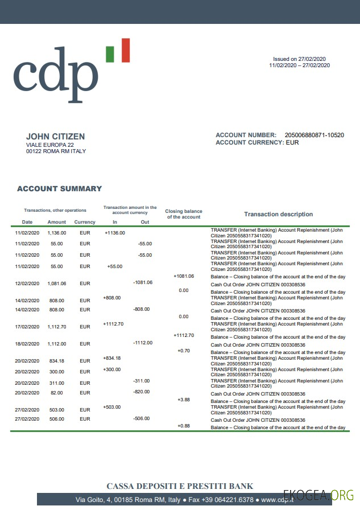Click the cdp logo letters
pyautogui.click(x=55, y=74)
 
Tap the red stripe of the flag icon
pyautogui.click(x=125, y=50)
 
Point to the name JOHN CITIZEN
pyautogui.click(x=55, y=137)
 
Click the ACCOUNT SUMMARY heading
pyautogui.click(x=59, y=188)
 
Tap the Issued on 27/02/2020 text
pyautogui.click(x=299, y=59)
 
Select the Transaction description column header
pyautogui.click(x=278, y=214)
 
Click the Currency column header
pyautogui.click(x=85, y=222)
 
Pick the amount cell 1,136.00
pyautogui.click(x=57, y=232)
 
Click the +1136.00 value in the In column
pyautogui.click(x=114, y=232)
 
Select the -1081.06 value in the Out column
pyautogui.click(x=142, y=282)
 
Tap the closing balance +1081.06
pyautogui.click(x=183, y=276)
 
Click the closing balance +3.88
pyautogui.click(x=183, y=400)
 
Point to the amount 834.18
pyautogui.click(x=57, y=361)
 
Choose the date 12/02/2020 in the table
pyautogui.click(x=27, y=283)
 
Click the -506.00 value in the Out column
pyautogui.click(x=141, y=418)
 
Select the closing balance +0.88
pyautogui.click(x=183, y=426)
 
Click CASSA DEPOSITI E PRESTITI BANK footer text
pyautogui.click(x=180, y=486)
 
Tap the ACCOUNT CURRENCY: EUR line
pyautogui.click(x=257, y=142)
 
